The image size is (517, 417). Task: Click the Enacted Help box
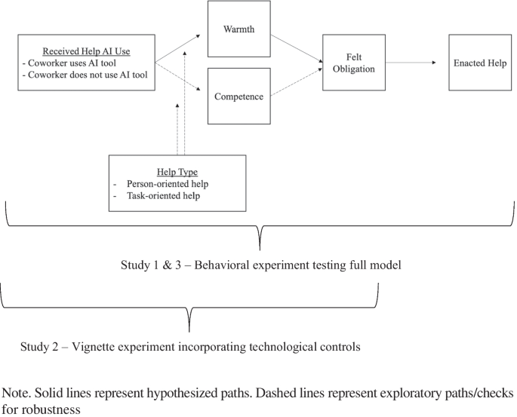pos(479,63)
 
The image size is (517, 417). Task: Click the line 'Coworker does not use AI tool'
pos(87,75)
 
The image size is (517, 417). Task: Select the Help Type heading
pos(177,172)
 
